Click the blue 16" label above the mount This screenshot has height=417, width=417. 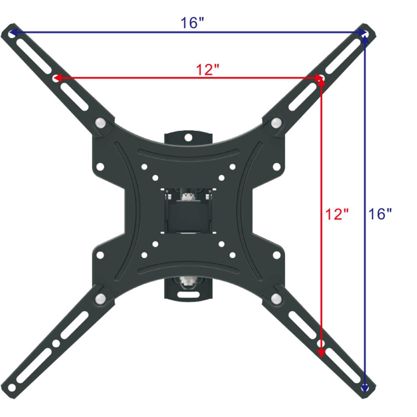coord(192,23)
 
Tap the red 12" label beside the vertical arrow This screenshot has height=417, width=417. coord(337,214)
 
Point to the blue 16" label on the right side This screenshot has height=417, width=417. coord(380,214)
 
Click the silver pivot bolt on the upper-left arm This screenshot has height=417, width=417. coord(100,123)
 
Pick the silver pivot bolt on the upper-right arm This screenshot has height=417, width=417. coord(276,123)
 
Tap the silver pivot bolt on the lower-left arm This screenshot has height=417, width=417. coord(100,299)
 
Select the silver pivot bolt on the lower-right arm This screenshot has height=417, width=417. coord(276,299)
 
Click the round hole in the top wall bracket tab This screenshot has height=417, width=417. coord(188,137)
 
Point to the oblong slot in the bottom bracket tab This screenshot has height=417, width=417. coord(188,294)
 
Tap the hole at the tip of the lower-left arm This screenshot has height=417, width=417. coord(12,388)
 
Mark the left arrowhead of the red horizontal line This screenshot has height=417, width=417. coord(56,78)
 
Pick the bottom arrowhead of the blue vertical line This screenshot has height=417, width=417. coord(365,388)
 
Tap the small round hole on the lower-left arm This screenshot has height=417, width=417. coord(55,344)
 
